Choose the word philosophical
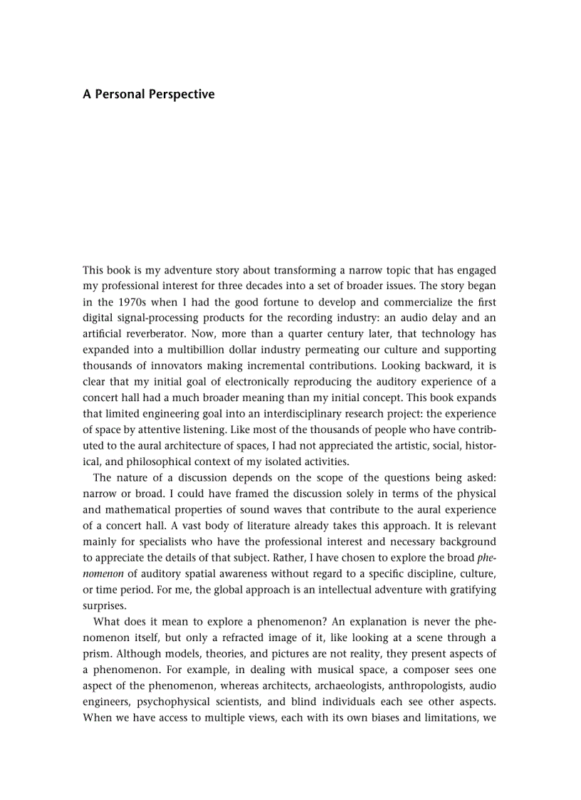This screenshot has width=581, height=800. tap(142, 462)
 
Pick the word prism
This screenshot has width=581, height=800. tap(98, 653)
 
